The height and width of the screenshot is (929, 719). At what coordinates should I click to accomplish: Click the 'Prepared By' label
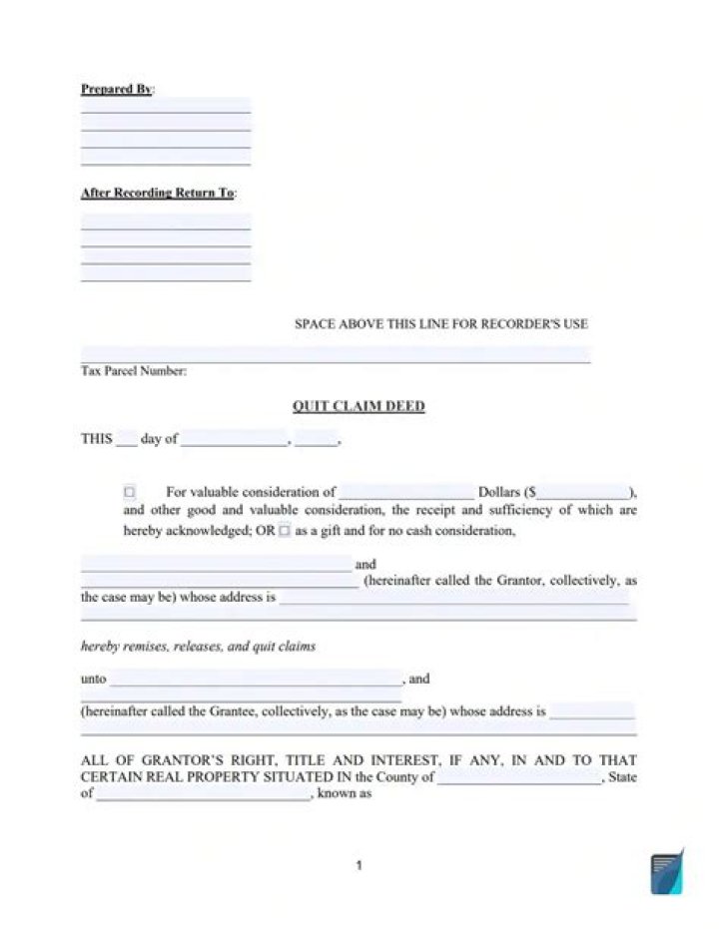[116, 89]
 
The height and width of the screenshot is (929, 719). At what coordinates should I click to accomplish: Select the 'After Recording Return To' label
[158, 193]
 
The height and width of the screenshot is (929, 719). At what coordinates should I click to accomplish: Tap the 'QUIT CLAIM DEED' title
[359, 406]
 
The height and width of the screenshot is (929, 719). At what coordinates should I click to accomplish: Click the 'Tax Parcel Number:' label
[133, 371]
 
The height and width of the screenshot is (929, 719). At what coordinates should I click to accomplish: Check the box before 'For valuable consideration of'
[130, 492]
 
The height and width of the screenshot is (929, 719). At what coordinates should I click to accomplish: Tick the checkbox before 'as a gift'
[285, 531]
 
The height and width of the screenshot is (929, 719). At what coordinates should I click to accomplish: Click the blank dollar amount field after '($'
[583, 492]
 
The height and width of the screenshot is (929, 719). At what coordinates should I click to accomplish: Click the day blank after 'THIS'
[126, 439]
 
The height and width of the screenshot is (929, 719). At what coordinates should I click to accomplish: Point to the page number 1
[359, 866]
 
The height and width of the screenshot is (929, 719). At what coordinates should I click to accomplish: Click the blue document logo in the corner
[666, 873]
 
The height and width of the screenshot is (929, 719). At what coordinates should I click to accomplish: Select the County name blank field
[519, 777]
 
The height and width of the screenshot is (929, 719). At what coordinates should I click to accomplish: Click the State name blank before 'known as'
[203, 795]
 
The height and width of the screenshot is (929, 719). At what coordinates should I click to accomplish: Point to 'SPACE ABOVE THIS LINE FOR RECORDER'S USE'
[440, 324]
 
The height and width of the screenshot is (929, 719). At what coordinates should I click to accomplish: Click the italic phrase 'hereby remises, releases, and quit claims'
[198, 647]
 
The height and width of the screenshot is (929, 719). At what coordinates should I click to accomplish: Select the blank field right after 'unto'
[256, 680]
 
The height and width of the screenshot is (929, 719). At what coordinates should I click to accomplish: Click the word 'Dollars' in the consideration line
[499, 492]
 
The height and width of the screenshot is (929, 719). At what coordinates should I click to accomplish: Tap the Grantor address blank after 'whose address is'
[454, 598]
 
